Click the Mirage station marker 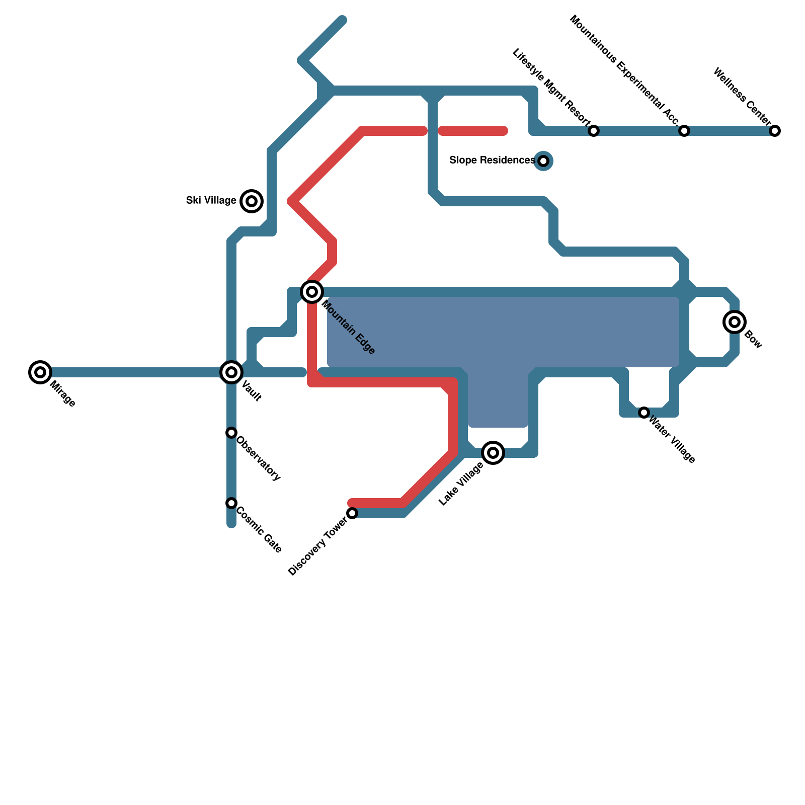coord(40,372)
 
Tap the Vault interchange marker coord(231,372)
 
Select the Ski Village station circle coord(252,201)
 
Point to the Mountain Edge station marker coord(312,292)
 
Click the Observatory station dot coord(231,433)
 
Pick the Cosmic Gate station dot coord(231,503)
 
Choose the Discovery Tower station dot coord(352,513)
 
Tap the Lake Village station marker coord(493,453)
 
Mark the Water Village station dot coord(644,413)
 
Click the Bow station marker coord(735,322)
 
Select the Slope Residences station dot coord(543,161)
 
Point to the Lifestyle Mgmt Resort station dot coord(594,131)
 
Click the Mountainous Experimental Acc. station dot coord(684,131)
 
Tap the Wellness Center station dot coord(775,131)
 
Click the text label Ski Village coord(211,201)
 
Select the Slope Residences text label coord(492,160)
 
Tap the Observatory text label coord(258,458)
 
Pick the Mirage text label coord(62,394)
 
